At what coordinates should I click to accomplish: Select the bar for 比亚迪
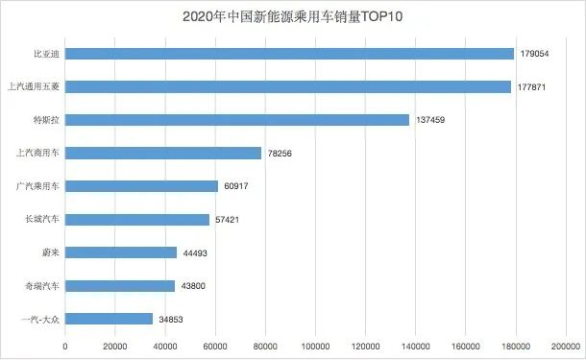[x=289, y=54]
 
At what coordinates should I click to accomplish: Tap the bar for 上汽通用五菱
[x=288, y=86]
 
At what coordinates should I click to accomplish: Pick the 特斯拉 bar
[x=237, y=120]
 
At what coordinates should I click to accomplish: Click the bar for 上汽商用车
[x=163, y=153]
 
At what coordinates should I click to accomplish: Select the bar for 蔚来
[x=121, y=252]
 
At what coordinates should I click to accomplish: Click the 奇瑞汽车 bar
[x=120, y=285]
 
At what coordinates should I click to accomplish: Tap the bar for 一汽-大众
[x=109, y=319]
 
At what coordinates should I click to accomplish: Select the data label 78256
[x=279, y=153]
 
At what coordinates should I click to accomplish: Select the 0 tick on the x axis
[x=65, y=346]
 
